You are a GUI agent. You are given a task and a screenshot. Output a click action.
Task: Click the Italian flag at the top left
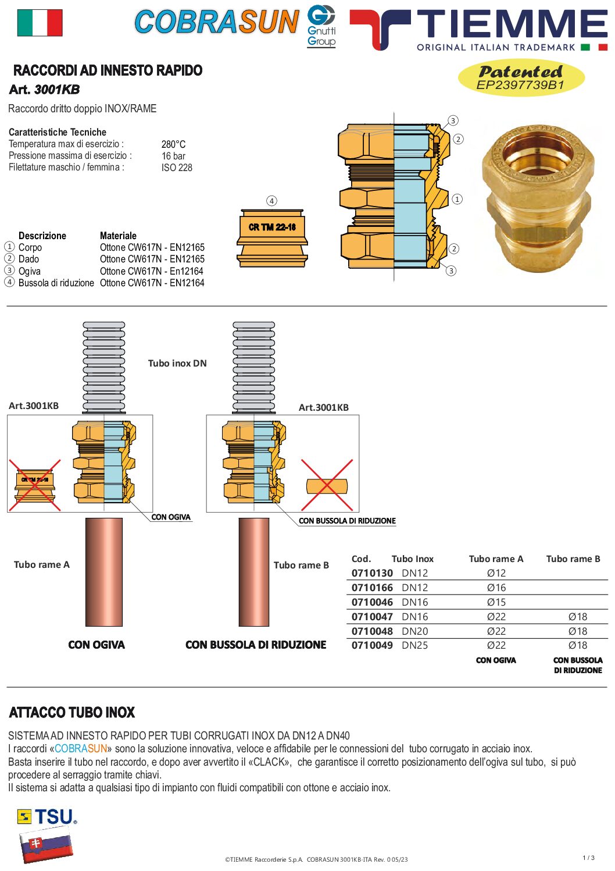(x=40, y=23)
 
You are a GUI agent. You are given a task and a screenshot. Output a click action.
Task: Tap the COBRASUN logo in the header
(x=217, y=22)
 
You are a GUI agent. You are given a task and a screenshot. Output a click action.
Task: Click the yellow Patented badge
(x=521, y=78)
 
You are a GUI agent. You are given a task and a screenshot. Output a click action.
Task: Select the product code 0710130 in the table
(x=372, y=573)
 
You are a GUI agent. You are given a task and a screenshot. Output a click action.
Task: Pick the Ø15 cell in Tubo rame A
(x=496, y=602)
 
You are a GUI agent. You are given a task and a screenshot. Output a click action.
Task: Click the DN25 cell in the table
(x=414, y=645)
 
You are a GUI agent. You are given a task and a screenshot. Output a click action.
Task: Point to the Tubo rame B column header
(x=573, y=559)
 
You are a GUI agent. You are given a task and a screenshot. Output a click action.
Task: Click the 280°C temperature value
(x=173, y=144)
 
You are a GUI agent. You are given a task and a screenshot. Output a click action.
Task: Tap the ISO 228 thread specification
(x=177, y=168)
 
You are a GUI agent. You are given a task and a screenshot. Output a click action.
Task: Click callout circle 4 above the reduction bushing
(x=271, y=201)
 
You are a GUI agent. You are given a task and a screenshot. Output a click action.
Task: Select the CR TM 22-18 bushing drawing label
(x=272, y=227)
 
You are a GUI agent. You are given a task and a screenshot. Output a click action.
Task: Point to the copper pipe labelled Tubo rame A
(x=103, y=572)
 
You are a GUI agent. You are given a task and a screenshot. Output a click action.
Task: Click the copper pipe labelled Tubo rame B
(x=253, y=572)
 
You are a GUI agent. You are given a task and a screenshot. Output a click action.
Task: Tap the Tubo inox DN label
(x=177, y=363)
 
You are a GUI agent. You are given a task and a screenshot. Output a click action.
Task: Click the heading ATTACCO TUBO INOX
(x=72, y=712)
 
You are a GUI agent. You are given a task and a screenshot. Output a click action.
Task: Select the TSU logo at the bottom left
(x=47, y=816)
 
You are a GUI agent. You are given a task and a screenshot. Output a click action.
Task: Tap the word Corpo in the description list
(x=30, y=247)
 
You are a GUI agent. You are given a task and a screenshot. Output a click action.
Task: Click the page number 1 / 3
(x=589, y=858)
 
